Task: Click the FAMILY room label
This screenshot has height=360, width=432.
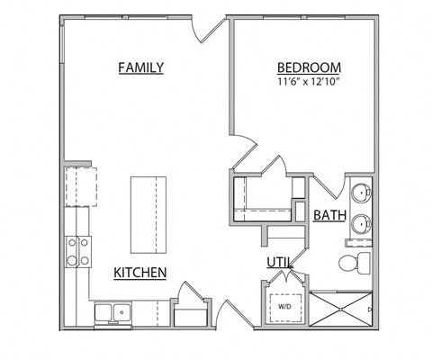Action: pos(141,67)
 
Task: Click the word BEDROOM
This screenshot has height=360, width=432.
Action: pos(309,67)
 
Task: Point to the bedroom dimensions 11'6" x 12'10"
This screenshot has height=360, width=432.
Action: pos(309,82)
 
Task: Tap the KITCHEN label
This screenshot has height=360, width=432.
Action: pos(139,272)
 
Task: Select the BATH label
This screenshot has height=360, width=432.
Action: pos(330,216)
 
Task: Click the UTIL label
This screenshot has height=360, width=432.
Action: pos(278,263)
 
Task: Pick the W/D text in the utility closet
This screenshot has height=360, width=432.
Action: pos(284,306)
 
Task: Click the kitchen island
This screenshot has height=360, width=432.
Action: pos(149,214)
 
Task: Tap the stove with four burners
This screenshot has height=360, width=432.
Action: pos(77,250)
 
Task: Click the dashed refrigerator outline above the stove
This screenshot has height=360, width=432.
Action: pos(80,187)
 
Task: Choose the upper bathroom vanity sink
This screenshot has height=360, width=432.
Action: pos(360,192)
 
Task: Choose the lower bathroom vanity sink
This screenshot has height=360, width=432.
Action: pos(360,224)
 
